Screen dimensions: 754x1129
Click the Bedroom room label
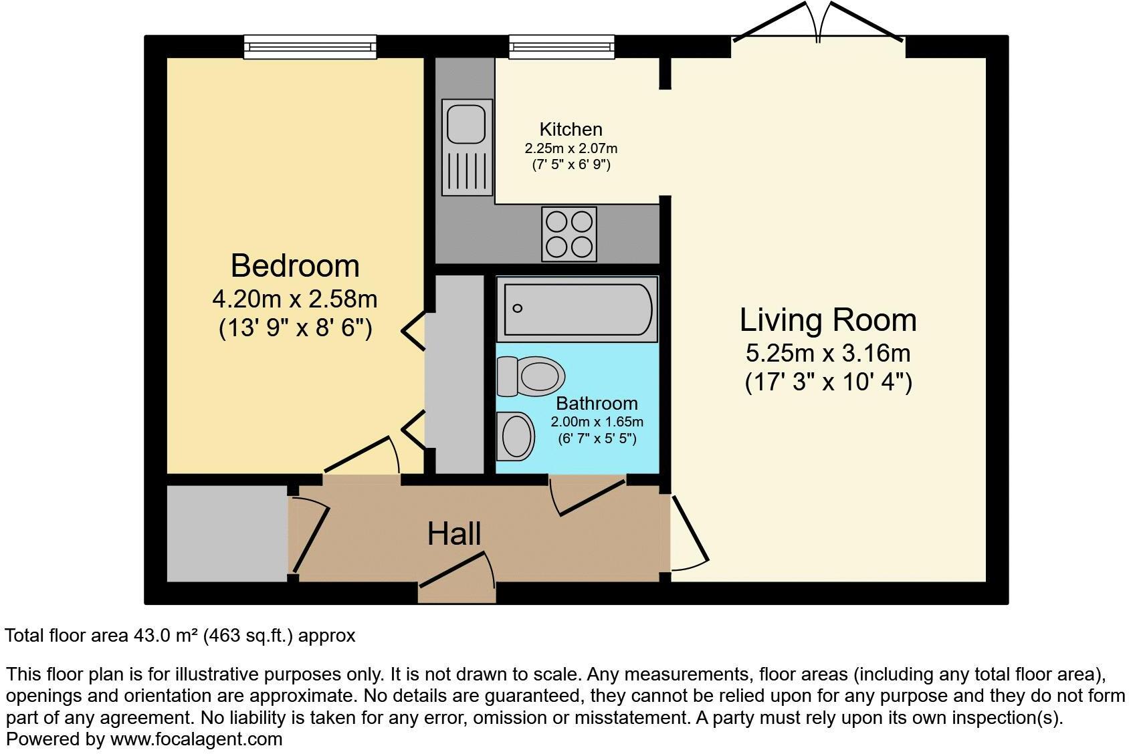[x=295, y=266]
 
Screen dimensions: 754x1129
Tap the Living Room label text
[x=827, y=320]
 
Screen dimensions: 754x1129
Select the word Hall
[x=454, y=534]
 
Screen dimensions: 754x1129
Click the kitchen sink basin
[x=466, y=122]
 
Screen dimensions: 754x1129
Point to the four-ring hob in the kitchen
[x=569, y=235]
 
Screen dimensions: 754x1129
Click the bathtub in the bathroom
[x=577, y=309]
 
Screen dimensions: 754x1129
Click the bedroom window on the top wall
[x=310, y=46]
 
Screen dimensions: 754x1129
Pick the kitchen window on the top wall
[x=561, y=46]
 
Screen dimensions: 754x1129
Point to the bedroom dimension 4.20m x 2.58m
[x=295, y=299]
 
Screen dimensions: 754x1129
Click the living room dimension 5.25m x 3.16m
[x=828, y=353]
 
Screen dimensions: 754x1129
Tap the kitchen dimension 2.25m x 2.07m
[x=571, y=148]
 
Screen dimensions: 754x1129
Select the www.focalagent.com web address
[x=196, y=739]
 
